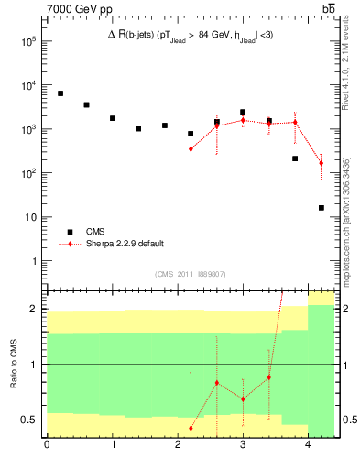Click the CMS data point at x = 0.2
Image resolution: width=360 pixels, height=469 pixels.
[x=60, y=93]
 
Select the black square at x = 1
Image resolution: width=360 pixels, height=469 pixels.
[x=113, y=118]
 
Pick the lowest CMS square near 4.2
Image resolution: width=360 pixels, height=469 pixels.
[x=322, y=208]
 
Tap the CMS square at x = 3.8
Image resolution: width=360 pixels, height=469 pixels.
[x=295, y=158]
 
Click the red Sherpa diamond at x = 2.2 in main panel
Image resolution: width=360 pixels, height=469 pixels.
[x=191, y=148]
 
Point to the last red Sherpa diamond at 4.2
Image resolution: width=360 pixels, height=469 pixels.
[x=322, y=163]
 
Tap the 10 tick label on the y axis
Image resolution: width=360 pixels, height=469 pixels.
[x=29, y=217]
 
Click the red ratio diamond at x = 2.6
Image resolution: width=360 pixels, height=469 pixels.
[x=217, y=382]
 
